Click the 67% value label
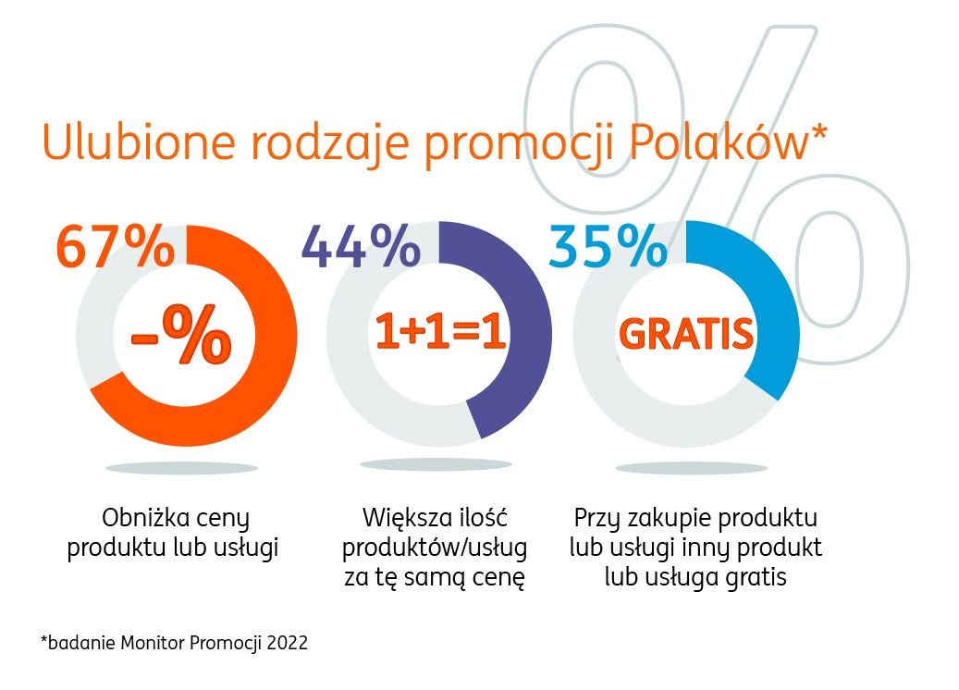click(x=115, y=247)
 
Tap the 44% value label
click(x=362, y=247)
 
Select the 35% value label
click(x=608, y=247)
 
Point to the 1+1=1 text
click(x=439, y=334)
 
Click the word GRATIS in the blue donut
click(x=686, y=334)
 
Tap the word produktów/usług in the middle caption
click(x=435, y=548)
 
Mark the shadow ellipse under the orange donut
click(x=181, y=468)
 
